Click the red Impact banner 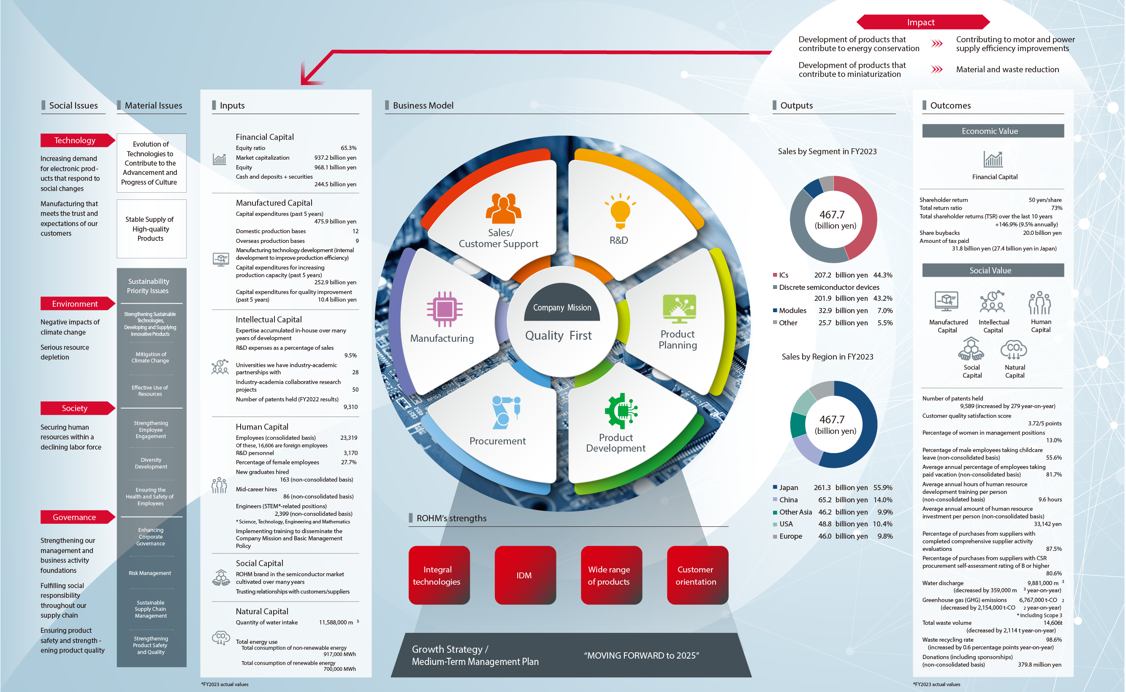(922, 22)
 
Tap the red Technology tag (76, 141)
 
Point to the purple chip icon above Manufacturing (444, 309)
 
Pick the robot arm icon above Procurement (506, 412)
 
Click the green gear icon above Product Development (621, 411)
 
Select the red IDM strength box (525, 575)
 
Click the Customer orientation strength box (697, 575)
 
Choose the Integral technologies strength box (439, 575)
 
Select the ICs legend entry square (775, 275)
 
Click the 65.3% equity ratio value (348, 148)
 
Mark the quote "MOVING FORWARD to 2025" (641, 655)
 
